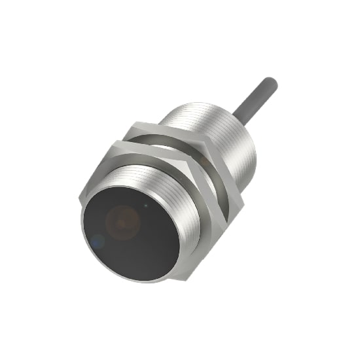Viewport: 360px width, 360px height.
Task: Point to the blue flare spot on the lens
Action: [x=97, y=242]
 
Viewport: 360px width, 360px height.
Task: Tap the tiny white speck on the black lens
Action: [x=147, y=205]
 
